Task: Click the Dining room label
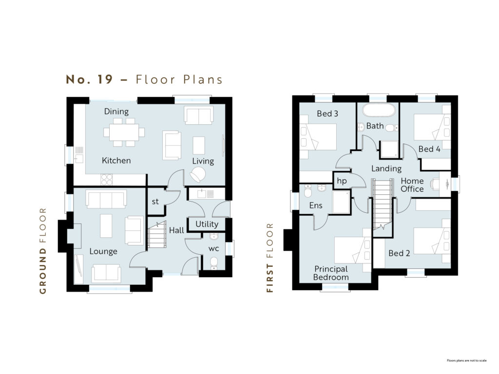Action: coord(116,112)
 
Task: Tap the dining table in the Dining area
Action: coord(124,132)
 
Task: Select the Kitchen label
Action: coord(116,160)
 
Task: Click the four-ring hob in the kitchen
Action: coord(106,180)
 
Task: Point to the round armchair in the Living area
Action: coord(198,175)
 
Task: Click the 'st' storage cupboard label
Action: coord(155,201)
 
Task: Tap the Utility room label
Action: coord(207,224)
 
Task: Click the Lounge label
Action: coord(103,251)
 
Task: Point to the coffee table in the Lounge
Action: coord(106,226)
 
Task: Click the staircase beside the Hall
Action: coord(157,235)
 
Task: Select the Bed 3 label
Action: coord(327,113)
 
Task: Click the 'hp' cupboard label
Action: coord(342,181)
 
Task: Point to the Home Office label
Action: coord(412,185)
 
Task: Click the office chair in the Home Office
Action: coord(434,184)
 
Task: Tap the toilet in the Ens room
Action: coord(308,191)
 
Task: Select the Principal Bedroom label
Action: coord(331,273)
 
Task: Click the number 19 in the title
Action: coord(105,79)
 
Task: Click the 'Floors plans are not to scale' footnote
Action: coord(466,360)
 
